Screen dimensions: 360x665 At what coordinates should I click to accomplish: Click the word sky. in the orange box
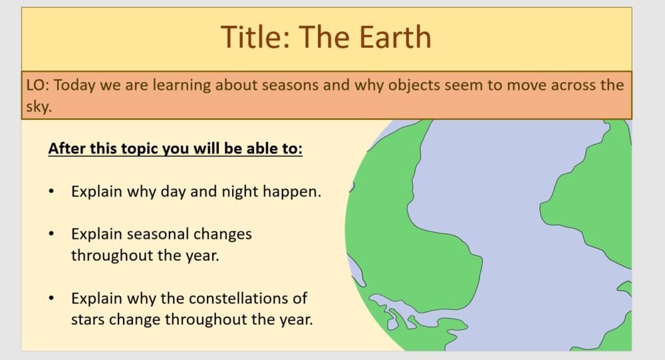pos(39,106)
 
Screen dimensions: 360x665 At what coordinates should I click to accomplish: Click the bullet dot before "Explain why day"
pos(51,192)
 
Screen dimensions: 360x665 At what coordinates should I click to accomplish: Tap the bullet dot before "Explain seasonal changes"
pos(51,234)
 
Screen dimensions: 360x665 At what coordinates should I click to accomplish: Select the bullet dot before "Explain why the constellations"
pos(51,297)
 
